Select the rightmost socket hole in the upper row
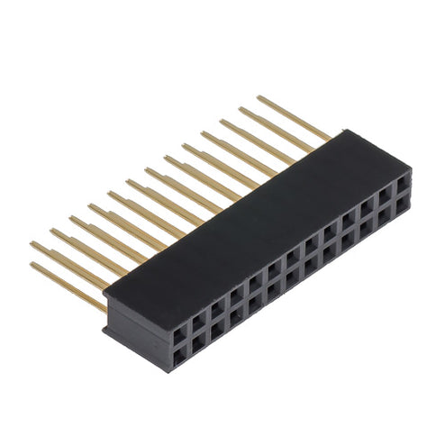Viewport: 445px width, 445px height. click(x=404, y=178)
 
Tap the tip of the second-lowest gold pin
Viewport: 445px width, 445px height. click(x=32, y=243)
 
